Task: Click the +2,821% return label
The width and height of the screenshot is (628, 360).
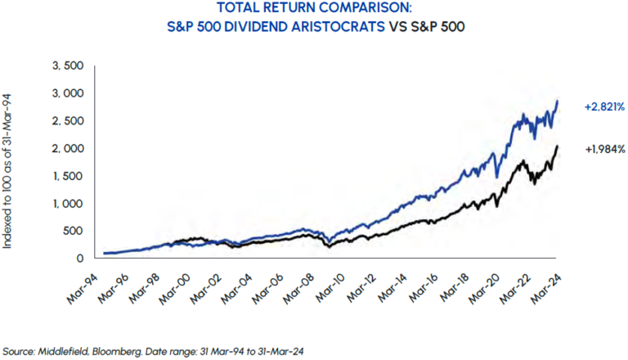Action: click(x=604, y=106)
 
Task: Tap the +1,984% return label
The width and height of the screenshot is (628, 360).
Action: click(x=604, y=149)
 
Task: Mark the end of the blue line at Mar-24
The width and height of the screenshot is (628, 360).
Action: click(x=558, y=101)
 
